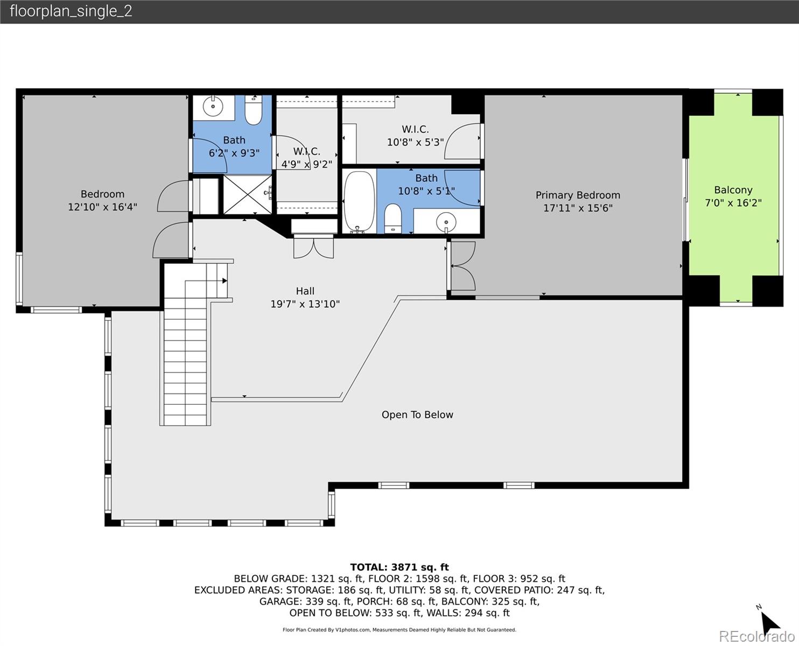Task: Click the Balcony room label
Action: [x=733, y=190]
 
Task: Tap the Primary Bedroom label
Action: [x=577, y=195]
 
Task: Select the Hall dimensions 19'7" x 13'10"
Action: [x=305, y=304]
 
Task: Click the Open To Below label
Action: [x=417, y=415]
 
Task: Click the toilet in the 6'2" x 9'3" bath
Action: [x=253, y=110]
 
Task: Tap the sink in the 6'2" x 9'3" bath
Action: [x=214, y=106]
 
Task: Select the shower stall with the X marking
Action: [x=247, y=194]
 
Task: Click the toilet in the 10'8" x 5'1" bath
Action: [x=393, y=219]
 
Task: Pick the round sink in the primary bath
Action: [x=446, y=221]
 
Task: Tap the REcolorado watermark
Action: [x=756, y=636]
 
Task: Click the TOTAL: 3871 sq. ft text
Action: [x=399, y=567]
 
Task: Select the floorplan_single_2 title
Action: [x=71, y=11]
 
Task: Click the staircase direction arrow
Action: [x=223, y=280]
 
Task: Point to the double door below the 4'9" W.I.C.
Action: [x=313, y=248]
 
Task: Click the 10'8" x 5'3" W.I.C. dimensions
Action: [x=415, y=143]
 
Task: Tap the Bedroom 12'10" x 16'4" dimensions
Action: [x=102, y=207]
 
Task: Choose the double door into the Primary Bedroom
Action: [x=462, y=266]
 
